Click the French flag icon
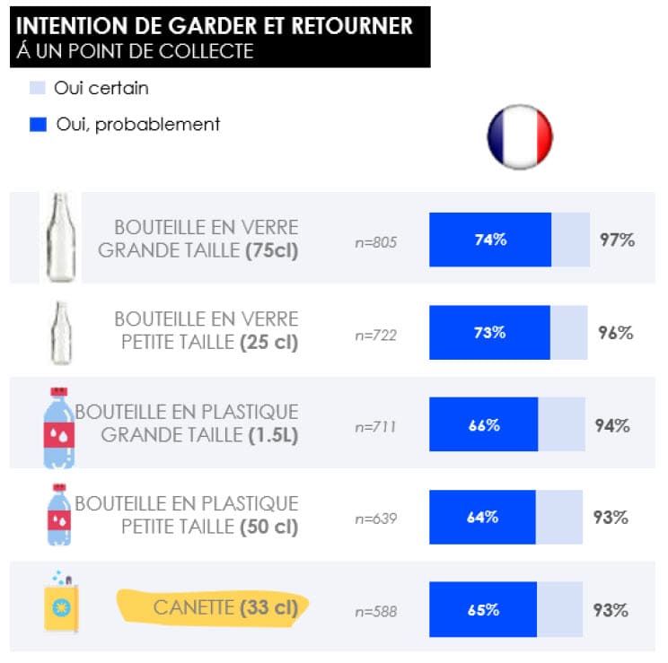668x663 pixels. click(520, 137)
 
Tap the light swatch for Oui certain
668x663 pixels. click(38, 88)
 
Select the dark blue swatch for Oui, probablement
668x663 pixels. click(38, 125)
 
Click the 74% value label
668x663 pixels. click(490, 240)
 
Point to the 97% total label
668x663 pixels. click(617, 240)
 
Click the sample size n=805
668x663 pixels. click(376, 242)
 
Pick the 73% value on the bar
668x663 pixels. click(489, 332)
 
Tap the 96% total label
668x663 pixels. click(616, 332)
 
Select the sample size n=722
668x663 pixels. click(376, 336)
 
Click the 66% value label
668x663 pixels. click(484, 425)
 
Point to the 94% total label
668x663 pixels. click(612, 425)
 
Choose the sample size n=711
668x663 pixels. click(375, 427)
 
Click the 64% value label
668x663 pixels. click(482, 517)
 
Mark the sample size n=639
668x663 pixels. click(376, 519)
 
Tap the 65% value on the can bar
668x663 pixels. click(483, 610)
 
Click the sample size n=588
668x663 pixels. click(376, 612)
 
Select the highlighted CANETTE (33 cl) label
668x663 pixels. click(224, 607)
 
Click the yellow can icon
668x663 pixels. click(60, 605)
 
